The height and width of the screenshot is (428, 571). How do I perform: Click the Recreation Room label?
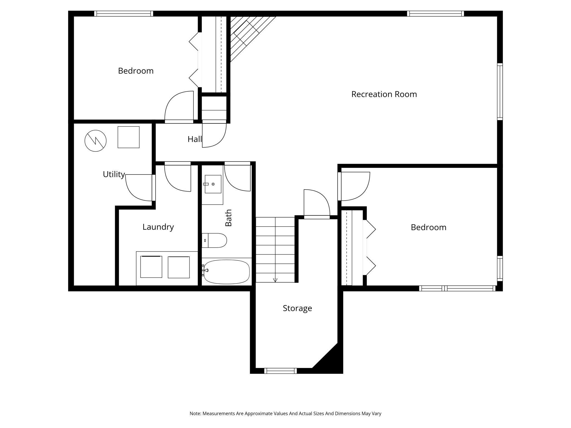tap(384, 94)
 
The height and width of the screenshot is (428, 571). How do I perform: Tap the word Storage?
tap(297, 308)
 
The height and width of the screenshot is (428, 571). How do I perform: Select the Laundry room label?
tap(158, 227)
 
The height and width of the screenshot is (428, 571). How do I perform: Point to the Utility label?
tap(114, 174)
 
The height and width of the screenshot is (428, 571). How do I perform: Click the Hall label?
tap(195, 139)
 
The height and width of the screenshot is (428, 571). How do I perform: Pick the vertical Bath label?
tap(228, 218)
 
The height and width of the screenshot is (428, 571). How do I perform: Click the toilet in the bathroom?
tap(214, 240)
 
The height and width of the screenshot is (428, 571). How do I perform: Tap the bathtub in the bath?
tap(227, 272)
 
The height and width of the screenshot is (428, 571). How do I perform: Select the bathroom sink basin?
tap(213, 184)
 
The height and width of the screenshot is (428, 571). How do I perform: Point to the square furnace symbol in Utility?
tap(128, 137)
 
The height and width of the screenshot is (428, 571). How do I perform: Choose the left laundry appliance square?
tap(151, 267)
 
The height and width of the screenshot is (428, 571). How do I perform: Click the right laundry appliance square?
tap(179, 267)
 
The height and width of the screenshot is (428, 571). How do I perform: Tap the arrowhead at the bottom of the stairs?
tap(275, 280)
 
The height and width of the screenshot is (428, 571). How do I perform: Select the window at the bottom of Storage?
tap(281, 371)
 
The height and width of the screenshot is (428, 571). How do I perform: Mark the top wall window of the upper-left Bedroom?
tap(124, 14)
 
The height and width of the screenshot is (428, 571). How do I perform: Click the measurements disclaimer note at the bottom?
tap(285, 413)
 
